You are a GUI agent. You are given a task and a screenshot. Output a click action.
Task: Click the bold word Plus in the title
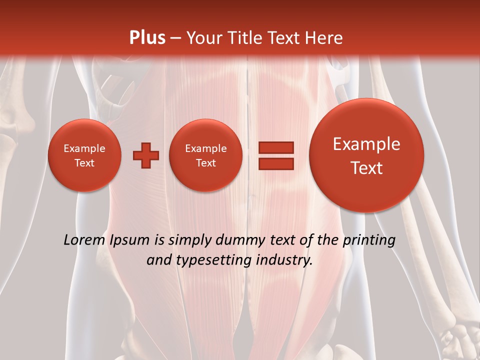(147, 38)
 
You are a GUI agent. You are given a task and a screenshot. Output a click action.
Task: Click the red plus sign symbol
(146, 155)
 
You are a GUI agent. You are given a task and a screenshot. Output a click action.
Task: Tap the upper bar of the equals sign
(275, 147)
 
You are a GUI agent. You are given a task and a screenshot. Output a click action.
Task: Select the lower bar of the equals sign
(275, 163)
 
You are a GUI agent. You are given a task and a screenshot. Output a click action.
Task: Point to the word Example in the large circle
(366, 144)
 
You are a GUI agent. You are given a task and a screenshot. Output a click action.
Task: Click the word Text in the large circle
(366, 168)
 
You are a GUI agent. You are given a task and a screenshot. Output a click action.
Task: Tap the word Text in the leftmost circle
(84, 163)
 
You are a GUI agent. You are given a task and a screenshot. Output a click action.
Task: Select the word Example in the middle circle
(206, 148)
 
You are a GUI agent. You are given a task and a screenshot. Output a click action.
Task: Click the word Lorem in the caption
(84, 240)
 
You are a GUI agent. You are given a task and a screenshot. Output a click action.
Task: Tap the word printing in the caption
(368, 240)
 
